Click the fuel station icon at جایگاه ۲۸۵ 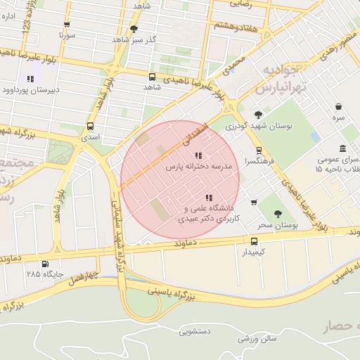coord(45,264)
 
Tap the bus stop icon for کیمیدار coord(255,240)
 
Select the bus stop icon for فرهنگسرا coord(259,150)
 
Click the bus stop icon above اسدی coord(89,126)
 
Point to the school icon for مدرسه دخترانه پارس coord(198,155)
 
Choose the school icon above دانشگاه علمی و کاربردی coord(207,198)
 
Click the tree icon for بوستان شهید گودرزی coord(258,115)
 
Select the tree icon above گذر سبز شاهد coord(134,29)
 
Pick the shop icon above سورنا coord(67,23)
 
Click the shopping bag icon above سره coord(339,107)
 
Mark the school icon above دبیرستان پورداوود coord(30,79)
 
